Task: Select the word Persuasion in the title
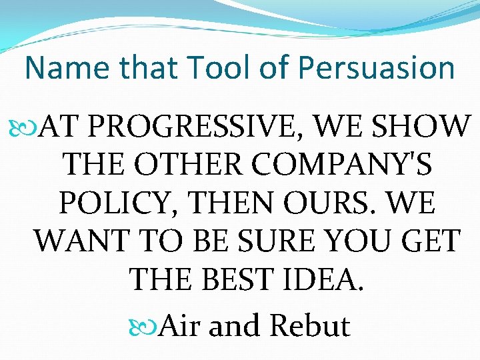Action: pyautogui.click(x=377, y=68)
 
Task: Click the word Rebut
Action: pyautogui.click(x=310, y=326)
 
